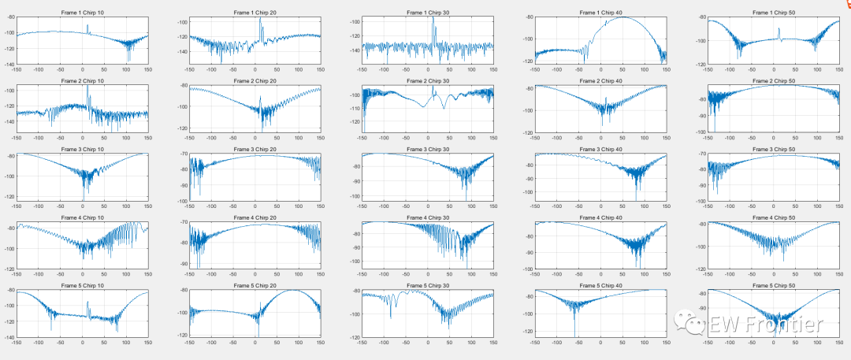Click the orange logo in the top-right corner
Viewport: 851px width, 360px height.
[843, 6]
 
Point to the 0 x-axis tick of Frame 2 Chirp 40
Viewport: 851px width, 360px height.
[600, 138]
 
